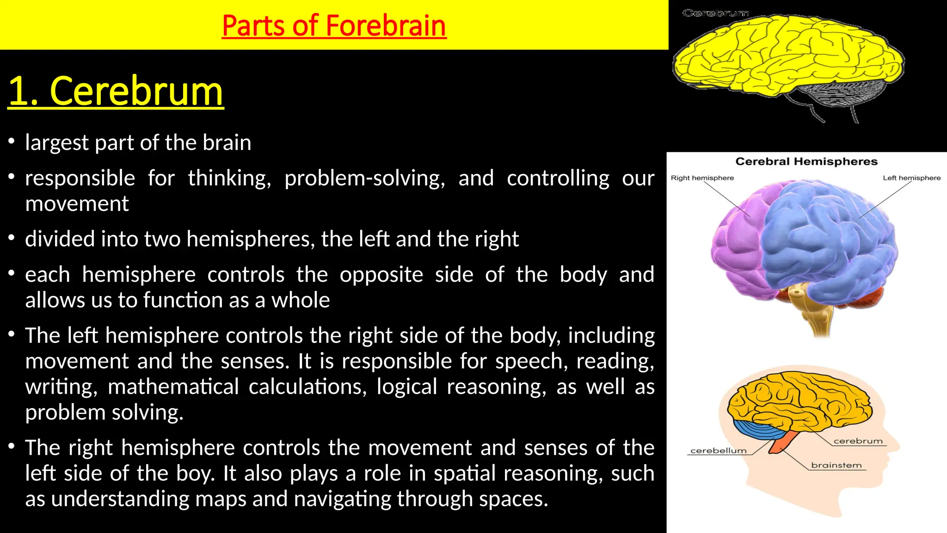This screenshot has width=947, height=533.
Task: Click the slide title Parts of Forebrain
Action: (334, 25)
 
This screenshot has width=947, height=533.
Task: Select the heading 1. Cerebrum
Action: (116, 91)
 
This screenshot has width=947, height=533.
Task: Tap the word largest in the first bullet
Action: (57, 143)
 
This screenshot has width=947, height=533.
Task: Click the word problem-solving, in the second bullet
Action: (365, 179)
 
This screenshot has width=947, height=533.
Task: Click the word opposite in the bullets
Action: (381, 275)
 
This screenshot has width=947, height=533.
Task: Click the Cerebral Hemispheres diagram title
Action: (806, 161)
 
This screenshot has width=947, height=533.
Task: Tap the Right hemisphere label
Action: (702, 178)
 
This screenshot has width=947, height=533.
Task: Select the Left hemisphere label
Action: (911, 178)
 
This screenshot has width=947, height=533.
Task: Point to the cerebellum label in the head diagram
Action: (718, 451)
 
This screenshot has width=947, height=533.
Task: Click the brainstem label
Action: (836, 465)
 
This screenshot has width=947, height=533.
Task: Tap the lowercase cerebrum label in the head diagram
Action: (858, 441)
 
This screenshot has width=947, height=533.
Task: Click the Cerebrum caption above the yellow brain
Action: (715, 13)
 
